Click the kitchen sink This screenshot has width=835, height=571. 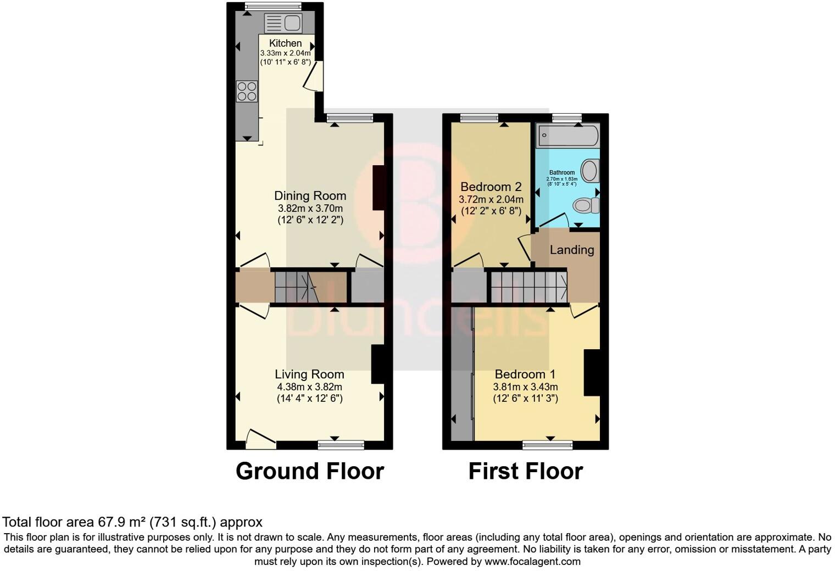[x=283, y=23]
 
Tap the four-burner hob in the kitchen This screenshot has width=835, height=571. [x=247, y=91]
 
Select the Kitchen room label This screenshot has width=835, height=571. [x=285, y=43]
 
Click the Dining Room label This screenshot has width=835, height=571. [x=310, y=195]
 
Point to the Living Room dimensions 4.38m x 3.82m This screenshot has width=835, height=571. [x=310, y=387]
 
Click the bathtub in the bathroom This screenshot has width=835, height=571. [x=567, y=135]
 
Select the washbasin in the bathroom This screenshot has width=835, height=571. [x=590, y=171]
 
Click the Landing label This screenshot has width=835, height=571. [x=572, y=250]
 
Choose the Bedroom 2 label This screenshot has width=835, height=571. [x=491, y=187]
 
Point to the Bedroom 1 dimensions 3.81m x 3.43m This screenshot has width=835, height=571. [x=525, y=387]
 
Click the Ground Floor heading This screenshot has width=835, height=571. [x=310, y=471]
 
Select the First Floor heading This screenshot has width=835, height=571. [x=525, y=471]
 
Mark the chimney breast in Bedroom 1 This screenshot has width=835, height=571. [x=591, y=372]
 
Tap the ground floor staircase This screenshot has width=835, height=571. [x=310, y=286]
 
